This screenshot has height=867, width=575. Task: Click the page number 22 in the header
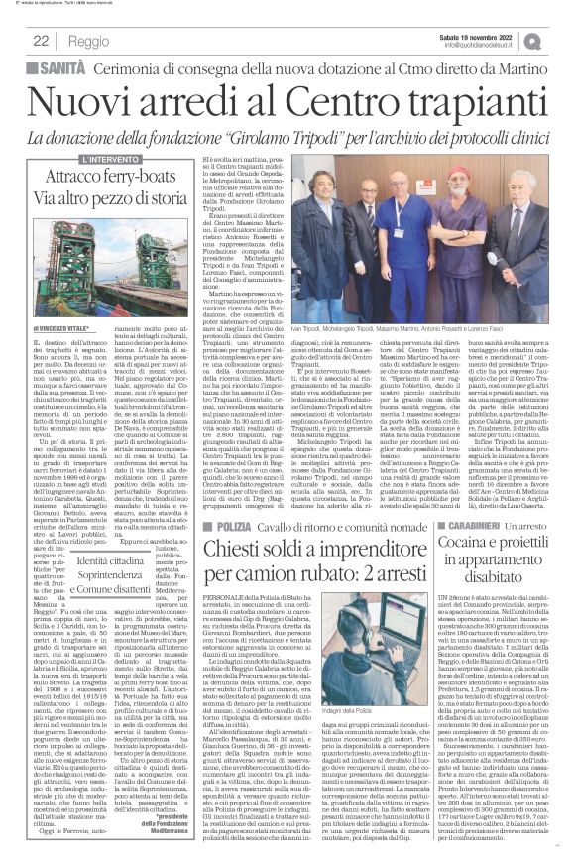41,39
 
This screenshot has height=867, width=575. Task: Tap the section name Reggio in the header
90,39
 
